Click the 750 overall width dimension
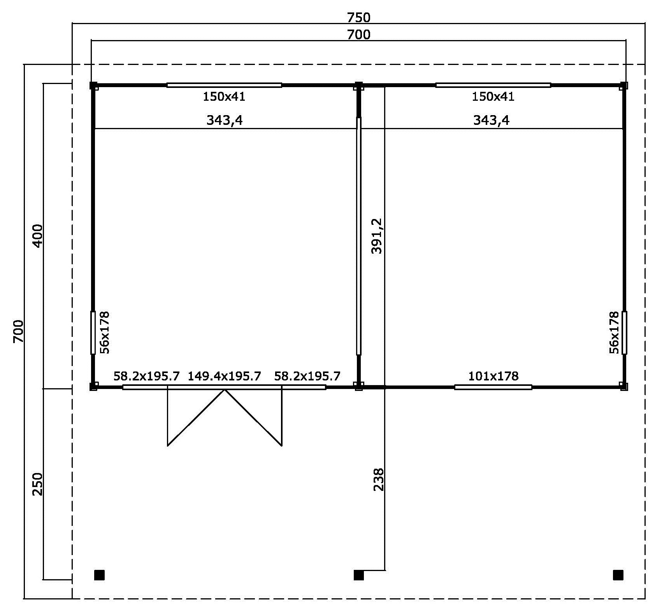358,18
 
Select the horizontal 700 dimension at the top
358,35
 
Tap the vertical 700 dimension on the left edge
18,331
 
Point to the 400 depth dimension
37,236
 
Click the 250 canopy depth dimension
37,484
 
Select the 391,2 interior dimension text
377,236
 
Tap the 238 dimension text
379,479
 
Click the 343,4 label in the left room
225,120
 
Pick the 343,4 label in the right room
491,120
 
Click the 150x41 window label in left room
224,96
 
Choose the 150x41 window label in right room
493,96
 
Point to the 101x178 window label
493,376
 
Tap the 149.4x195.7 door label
225,376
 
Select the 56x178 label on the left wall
105,332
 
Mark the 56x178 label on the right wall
614,332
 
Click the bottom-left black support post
100,575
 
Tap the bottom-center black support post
359,575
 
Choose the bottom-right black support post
618,575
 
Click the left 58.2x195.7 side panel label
147,376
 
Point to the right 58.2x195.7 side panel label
307,376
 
